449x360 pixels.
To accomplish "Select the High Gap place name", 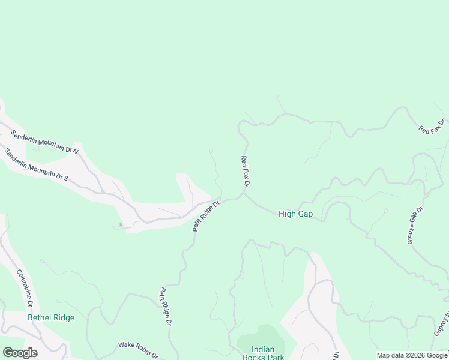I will click(295, 214).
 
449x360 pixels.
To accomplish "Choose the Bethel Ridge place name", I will click(51, 317).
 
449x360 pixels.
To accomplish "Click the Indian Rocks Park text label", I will click(262, 353).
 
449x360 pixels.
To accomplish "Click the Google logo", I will click(20, 353).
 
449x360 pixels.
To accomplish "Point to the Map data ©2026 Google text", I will click(412, 355).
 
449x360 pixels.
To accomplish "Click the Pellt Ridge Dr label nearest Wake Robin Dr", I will click(165, 307).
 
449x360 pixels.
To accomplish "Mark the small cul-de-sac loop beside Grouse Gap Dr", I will click(385, 211).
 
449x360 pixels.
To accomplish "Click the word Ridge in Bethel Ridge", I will click(63, 317).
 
